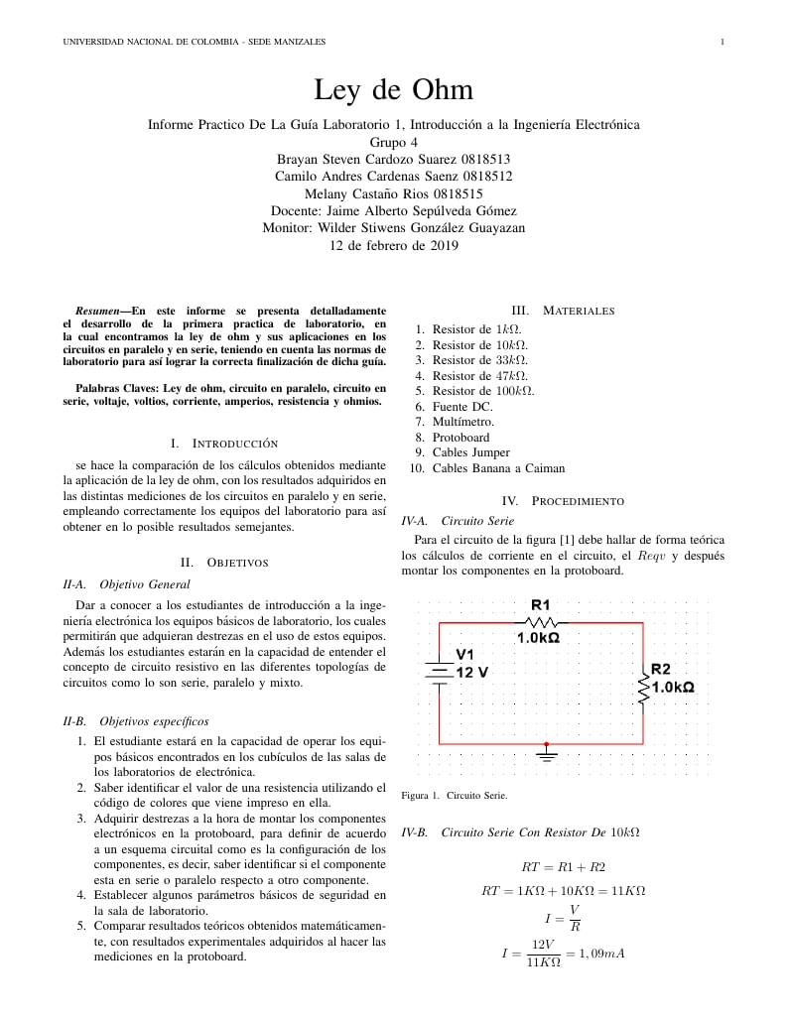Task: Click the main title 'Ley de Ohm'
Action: pos(393,90)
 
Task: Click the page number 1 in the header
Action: pos(722,42)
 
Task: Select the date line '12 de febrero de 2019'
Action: pos(393,247)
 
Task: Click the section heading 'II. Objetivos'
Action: pos(224,563)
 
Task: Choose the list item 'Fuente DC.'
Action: pos(460,406)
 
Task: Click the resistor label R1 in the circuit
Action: pos(540,604)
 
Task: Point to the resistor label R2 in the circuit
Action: pos(661,670)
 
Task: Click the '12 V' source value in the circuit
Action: pos(472,672)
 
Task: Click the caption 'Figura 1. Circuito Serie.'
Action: pos(454,796)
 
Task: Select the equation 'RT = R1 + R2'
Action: pos(563,867)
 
